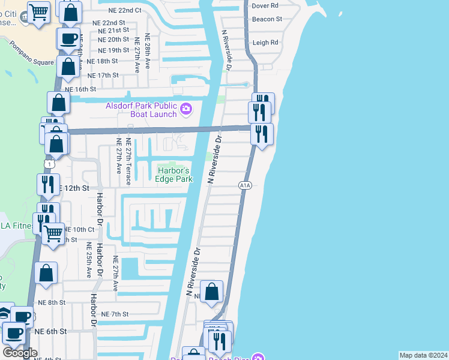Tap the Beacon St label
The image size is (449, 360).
click(268, 19)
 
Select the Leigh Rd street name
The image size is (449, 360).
click(265, 43)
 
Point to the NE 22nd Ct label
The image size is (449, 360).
click(125, 11)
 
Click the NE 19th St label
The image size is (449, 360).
click(113, 50)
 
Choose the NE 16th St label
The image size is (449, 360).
click(80, 89)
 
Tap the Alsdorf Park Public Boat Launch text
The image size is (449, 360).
click(142, 110)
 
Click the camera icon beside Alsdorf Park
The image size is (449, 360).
click(186, 109)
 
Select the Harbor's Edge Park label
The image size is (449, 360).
click(175, 175)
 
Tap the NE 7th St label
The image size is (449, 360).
click(115, 314)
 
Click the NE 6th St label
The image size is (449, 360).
click(50, 331)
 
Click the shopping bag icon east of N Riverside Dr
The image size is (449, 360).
click(211, 292)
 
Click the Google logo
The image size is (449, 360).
click(20, 353)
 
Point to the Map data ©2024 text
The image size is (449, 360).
click(423, 355)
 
